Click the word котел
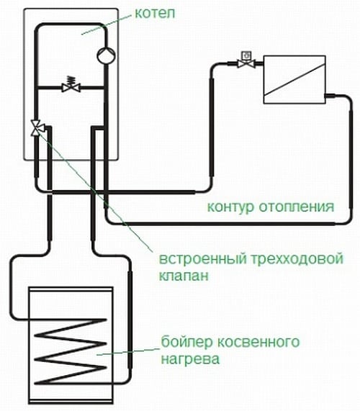tap(151, 13)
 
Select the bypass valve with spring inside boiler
tap(71, 88)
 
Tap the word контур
tap(229, 208)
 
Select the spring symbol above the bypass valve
tap(71, 78)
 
